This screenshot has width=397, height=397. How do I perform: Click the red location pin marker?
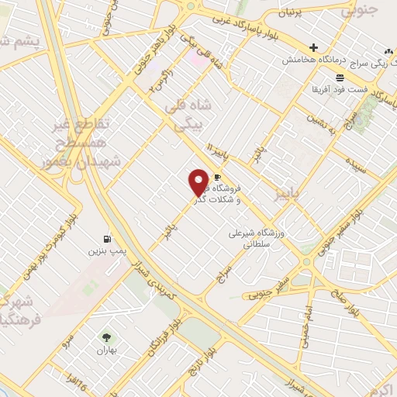click(x=198, y=182)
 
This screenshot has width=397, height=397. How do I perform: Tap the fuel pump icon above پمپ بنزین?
click(x=106, y=239)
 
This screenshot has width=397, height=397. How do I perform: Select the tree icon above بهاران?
click(x=106, y=337)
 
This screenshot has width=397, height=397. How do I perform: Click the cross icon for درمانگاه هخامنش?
click(x=313, y=47)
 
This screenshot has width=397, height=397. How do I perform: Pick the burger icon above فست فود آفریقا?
click(x=340, y=78)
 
